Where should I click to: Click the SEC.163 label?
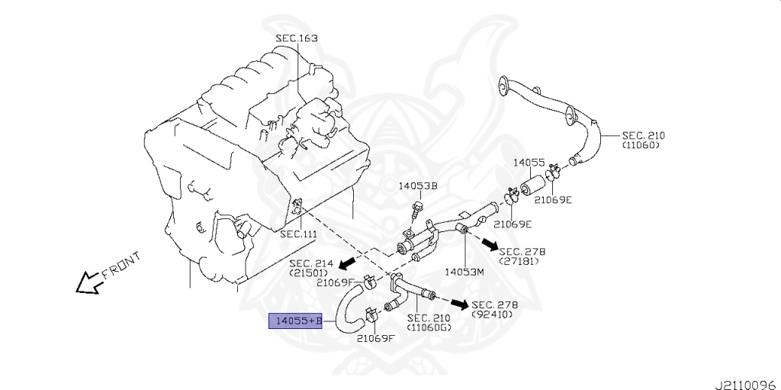[x=297, y=38]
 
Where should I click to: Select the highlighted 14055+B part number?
[x=295, y=321]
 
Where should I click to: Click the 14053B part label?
[x=418, y=185]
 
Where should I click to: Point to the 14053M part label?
[x=465, y=271]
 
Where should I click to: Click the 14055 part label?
[x=529, y=163]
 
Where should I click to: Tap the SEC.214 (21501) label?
[x=310, y=268]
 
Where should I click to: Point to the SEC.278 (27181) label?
[x=522, y=256]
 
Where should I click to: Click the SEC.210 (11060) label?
[x=643, y=140]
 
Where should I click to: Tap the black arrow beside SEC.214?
[x=347, y=264]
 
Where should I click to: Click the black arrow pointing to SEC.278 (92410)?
[x=458, y=305]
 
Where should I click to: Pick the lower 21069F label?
[x=376, y=338]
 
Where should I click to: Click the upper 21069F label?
[x=336, y=282]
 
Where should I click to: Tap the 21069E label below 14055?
[x=553, y=200]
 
